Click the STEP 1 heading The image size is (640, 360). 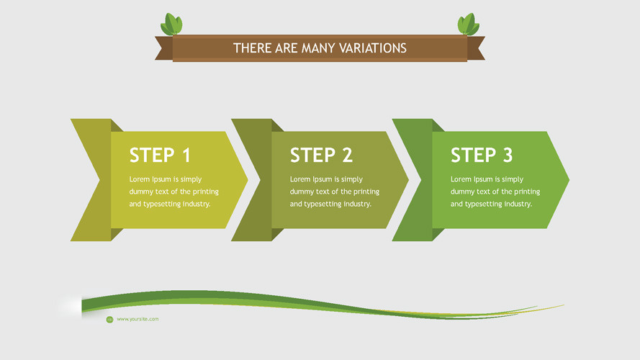pos(160,155)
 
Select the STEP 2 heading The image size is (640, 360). pos(321,155)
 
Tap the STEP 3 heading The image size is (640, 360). pos(482,155)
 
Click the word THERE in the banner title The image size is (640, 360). pos(252,48)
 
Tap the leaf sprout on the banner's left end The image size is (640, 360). pos(171,24)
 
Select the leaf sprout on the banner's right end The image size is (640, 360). pos(468,24)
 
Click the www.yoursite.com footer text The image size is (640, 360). pos(138,319)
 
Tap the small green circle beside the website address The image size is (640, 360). pos(109,319)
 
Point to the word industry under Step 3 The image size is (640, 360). pos(515,204)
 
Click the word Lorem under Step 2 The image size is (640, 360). pos(300,179)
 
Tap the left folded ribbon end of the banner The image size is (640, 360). pos(164,48)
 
